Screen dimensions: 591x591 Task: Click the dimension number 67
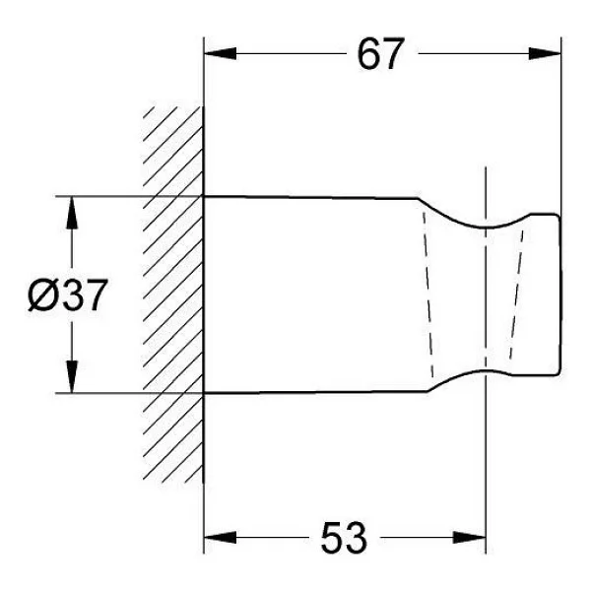pos(380,53)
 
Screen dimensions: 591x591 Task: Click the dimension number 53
pos(344,538)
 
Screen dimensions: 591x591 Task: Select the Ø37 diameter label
pos(67,295)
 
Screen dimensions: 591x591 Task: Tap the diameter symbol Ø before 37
pos(42,295)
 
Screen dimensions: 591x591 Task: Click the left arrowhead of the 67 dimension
pos(220,53)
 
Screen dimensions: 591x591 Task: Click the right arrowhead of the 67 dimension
pos(545,53)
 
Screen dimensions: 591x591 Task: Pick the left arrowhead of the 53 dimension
pos(220,538)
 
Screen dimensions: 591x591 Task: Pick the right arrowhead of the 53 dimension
pos(469,538)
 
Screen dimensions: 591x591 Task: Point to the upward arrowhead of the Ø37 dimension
pos(72,213)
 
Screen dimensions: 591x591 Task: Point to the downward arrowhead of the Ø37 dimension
pos(72,377)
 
